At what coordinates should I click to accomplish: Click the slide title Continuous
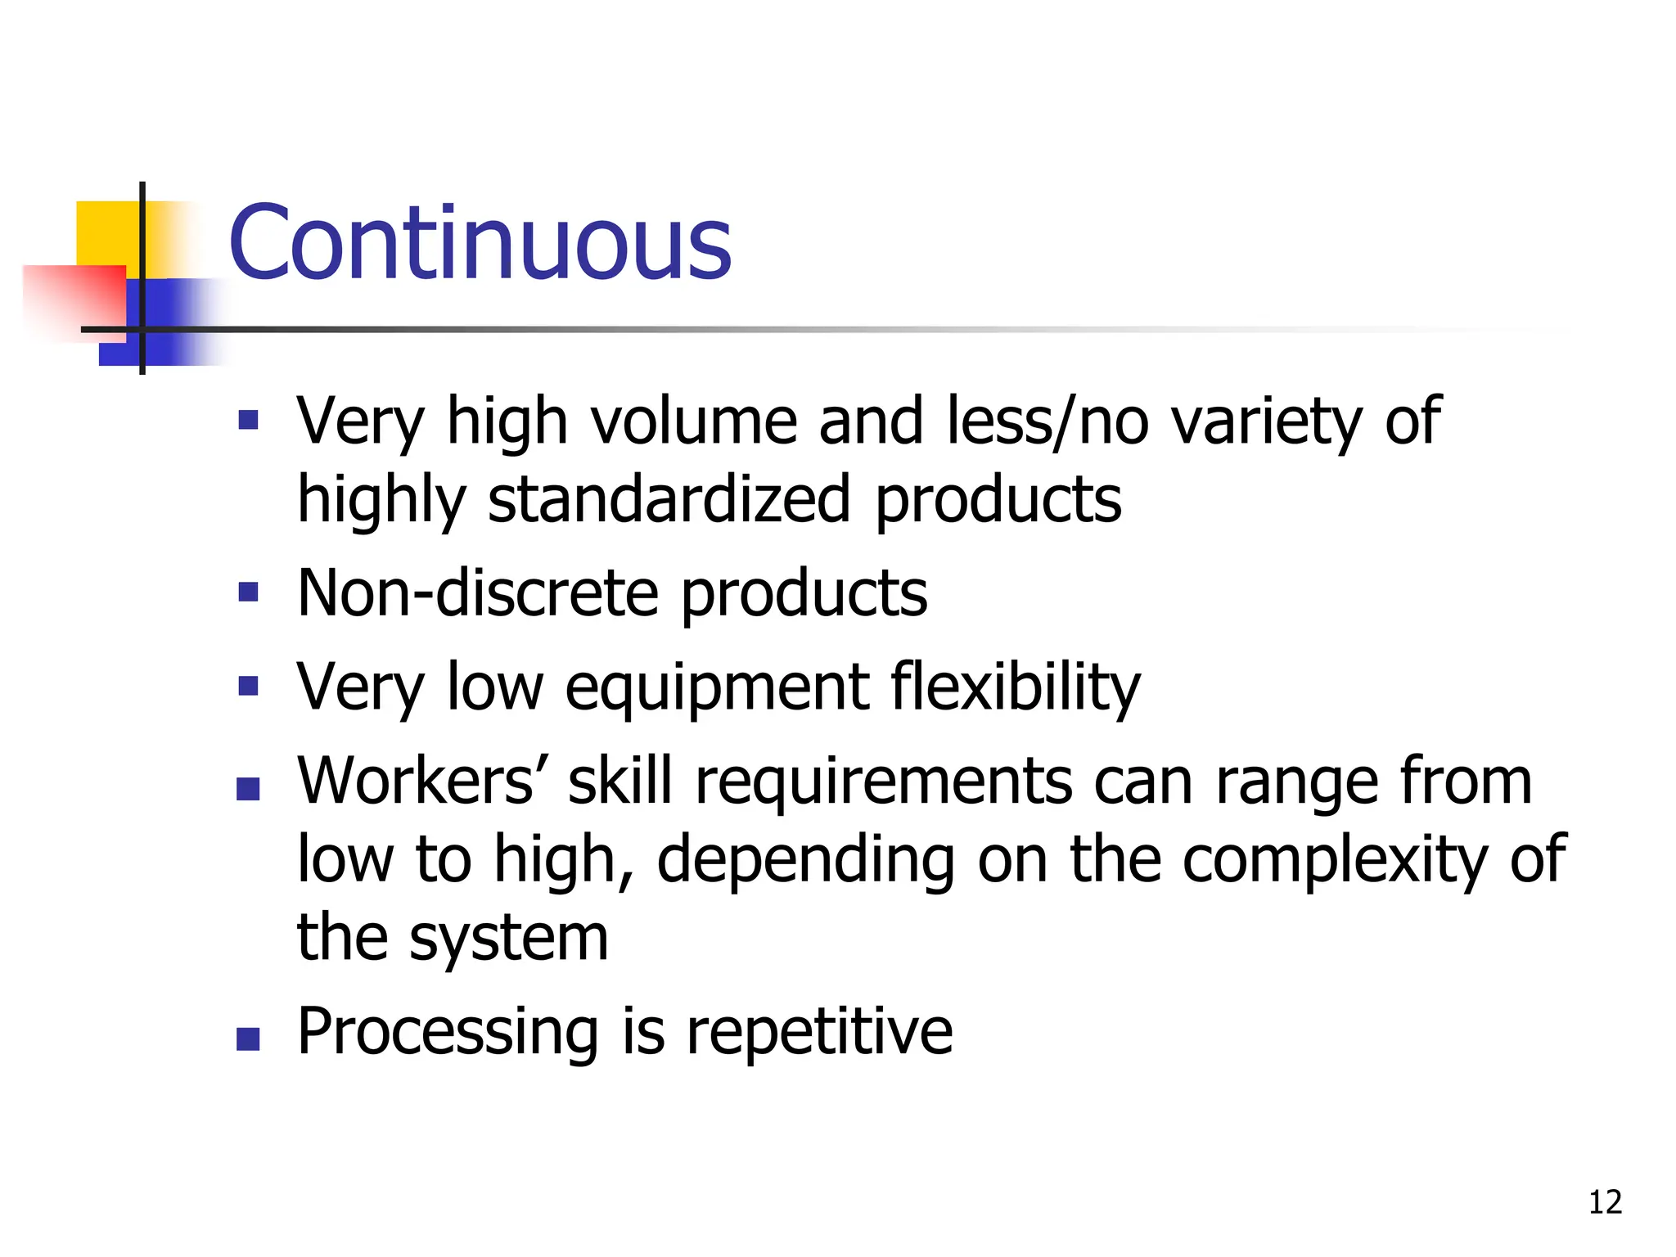(x=480, y=243)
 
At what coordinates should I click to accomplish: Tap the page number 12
(x=1605, y=1202)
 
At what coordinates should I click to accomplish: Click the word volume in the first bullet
(x=693, y=421)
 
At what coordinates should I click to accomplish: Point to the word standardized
(x=669, y=500)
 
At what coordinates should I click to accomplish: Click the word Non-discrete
(x=478, y=593)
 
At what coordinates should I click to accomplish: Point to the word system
(x=508, y=939)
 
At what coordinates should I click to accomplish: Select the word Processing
(x=448, y=1032)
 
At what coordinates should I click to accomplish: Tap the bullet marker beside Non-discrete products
(x=248, y=592)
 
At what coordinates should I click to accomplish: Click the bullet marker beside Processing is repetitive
(x=248, y=1038)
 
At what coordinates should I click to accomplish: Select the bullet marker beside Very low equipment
(x=248, y=685)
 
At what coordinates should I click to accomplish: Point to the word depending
(x=805, y=861)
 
